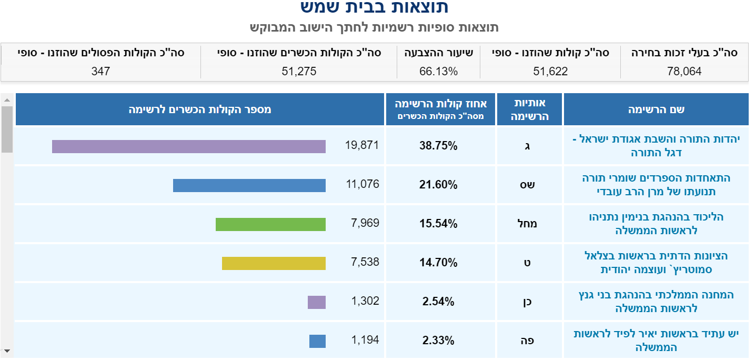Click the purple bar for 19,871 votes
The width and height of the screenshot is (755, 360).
pyautogui.click(x=188, y=146)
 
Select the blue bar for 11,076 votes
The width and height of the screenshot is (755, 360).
pyautogui.click(x=249, y=185)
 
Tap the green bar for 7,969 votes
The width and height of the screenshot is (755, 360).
pyautogui.click(x=270, y=224)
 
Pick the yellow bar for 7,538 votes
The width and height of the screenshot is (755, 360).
pyautogui.click(x=274, y=263)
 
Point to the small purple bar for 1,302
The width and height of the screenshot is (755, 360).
pyautogui.click(x=317, y=302)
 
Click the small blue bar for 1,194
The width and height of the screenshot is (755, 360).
pyautogui.click(x=317, y=341)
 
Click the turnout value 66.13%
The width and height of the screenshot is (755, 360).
pyautogui.click(x=439, y=71)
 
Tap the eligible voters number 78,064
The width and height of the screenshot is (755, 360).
pyautogui.click(x=684, y=71)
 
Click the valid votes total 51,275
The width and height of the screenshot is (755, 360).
pyautogui.click(x=299, y=71)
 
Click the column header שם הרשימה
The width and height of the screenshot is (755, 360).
pyautogui.click(x=656, y=109)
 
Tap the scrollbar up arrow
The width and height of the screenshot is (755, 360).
pyautogui.click(x=7, y=99)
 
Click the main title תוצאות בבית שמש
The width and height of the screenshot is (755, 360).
pyautogui.click(x=374, y=7)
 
